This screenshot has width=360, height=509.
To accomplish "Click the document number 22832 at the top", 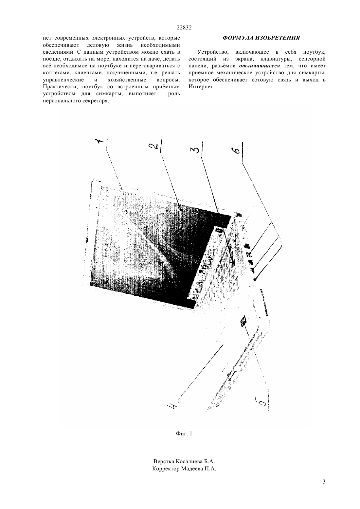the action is coord(184,28).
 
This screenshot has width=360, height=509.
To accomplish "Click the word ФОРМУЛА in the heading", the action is coord(238,38).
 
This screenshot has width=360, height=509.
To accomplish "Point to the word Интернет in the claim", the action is coord(201,87).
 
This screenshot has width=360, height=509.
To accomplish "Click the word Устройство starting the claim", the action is coord(213,52).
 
